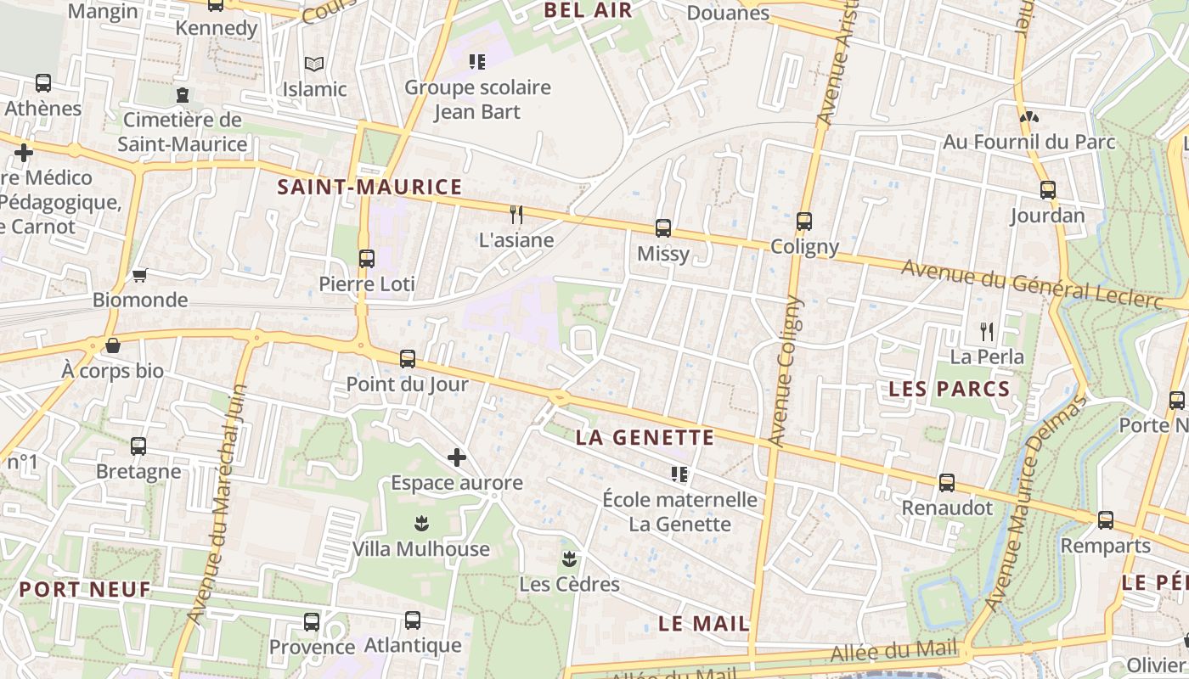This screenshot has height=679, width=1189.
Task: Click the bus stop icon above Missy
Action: tap(662, 227)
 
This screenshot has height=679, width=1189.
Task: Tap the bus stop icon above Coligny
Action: tap(803, 222)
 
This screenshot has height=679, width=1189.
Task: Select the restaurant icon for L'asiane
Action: tap(516, 214)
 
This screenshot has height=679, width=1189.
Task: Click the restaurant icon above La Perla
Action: tap(986, 331)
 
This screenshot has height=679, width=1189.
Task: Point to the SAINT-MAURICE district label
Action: tap(369, 188)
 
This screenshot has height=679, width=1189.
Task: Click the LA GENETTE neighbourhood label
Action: tap(645, 438)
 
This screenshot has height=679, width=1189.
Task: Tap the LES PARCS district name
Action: tap(949, 390)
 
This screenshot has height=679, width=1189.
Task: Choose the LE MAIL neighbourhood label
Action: tap(704, 624)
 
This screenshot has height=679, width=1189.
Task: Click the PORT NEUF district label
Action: tap(85, 589)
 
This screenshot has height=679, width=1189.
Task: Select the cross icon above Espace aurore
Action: tap(457, 458)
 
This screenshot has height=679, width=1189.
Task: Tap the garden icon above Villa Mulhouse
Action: tap(420, 524)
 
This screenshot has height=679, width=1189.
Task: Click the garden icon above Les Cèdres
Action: tap(569, 558)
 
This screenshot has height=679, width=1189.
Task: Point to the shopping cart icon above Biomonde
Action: tap(140, 275)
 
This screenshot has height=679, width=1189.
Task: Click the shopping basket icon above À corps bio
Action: tap(112, 345)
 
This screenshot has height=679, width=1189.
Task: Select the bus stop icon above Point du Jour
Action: tap(408, 358)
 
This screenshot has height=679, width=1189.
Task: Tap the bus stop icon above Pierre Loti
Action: tap(367, 258)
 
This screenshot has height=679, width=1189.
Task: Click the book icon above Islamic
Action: tap(314, 64)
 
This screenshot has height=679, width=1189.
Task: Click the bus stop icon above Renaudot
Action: tap(946, 483)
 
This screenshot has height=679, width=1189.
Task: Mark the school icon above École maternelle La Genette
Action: tap(679, 474)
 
